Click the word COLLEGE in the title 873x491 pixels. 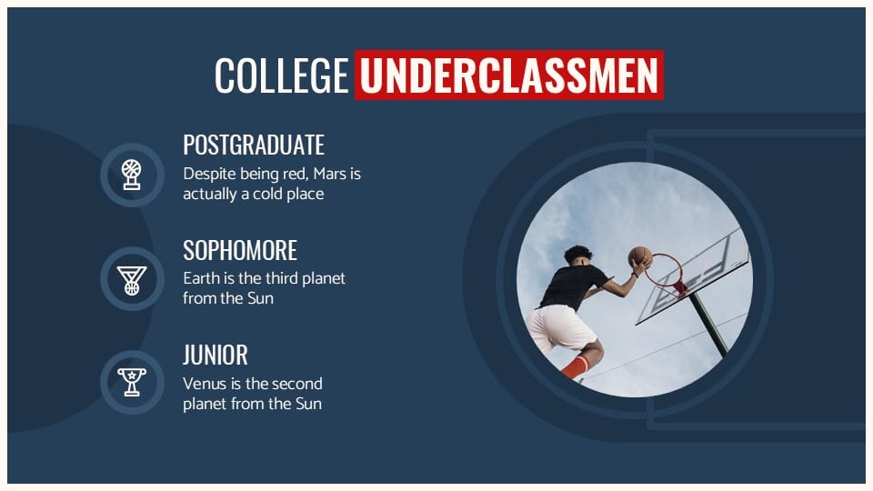(x=281, y=75)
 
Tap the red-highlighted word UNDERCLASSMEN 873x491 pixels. (x=508, y=75)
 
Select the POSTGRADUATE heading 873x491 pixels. (x=254, y=145)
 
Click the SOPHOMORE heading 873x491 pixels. (x=240, y=250)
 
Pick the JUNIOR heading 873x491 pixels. (x=216, y=355)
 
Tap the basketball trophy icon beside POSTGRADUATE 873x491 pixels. (x=132, y=174)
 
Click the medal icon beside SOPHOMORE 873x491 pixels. (x=132, y=278)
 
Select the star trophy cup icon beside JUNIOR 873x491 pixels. (x=132, y=382)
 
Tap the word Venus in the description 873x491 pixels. (x=205, y=383)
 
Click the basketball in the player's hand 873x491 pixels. (x=640, y=256)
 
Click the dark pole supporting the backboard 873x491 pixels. (x=709, y=323)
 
